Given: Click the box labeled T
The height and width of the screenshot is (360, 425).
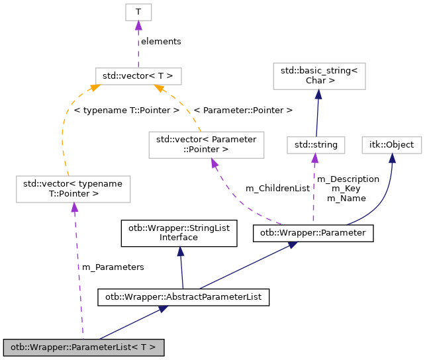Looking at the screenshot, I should click(138, 12).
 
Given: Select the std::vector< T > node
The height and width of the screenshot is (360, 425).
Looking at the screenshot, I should click(138, 75).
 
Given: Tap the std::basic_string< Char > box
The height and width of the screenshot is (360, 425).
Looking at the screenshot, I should click(318, 75).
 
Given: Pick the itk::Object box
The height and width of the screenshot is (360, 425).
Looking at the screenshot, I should click(392, 144).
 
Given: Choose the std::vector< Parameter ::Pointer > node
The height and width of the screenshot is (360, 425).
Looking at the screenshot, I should click(206, 144).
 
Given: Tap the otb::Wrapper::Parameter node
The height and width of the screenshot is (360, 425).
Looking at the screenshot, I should click(313, 233).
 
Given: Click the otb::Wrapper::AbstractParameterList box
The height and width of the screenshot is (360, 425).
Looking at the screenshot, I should click(183, 297).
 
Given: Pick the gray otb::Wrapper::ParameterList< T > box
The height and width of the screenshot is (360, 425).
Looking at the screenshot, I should click(83, 346).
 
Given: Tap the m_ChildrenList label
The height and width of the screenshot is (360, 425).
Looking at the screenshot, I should click(277, 189).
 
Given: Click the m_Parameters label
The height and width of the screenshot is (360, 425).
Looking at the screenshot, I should click(113, 267).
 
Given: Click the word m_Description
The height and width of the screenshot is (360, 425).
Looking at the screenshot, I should click(348, 179).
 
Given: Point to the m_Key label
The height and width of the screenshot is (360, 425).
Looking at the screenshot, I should click(348, 189).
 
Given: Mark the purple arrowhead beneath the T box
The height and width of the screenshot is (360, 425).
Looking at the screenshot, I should click(138, 25).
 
